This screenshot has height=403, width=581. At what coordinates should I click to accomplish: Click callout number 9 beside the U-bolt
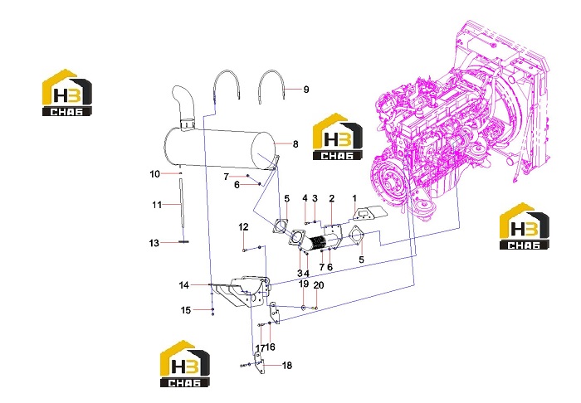point(306,90)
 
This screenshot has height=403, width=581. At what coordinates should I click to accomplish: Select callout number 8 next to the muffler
point(295,144)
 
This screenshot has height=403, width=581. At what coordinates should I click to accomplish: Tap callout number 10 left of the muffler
point(155,174)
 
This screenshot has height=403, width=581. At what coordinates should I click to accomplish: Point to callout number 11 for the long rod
point(157,205)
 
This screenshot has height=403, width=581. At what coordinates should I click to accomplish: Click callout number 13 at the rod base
point(154,243)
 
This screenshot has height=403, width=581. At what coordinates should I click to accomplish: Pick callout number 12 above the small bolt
point(243,227)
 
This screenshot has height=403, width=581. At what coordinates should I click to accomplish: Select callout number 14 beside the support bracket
point(184,285)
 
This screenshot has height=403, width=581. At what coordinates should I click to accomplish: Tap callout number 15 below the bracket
point(186,310)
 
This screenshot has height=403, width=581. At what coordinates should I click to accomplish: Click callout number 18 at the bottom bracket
point(287,365)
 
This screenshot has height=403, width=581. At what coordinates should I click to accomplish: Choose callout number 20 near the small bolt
point(319,285)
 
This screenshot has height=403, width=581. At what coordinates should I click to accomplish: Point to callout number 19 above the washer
point(304,284)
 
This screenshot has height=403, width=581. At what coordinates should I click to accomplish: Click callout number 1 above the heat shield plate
point(354,198)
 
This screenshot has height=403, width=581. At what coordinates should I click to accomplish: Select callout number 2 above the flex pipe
point(332,198)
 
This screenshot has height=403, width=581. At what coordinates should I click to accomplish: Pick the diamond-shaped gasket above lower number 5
point(356,235)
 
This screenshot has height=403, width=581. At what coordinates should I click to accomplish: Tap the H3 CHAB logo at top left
point(66,93)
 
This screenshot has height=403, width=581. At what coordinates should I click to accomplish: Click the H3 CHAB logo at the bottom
point(184,364)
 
